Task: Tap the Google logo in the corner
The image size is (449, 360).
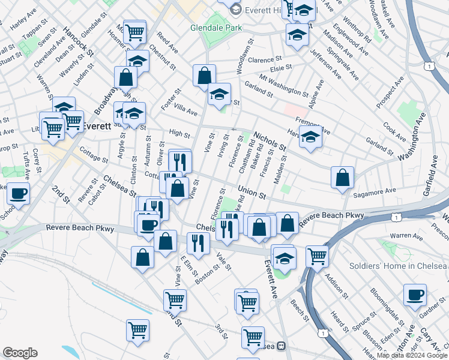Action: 20,353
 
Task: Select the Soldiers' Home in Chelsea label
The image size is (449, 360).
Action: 399,266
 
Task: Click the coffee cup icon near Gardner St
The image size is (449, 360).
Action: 415,294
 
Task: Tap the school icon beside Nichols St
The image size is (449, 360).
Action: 310,137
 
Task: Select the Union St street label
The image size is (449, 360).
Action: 252,193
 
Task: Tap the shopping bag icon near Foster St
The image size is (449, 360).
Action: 204,75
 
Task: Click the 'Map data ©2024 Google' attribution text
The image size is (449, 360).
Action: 411,355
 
